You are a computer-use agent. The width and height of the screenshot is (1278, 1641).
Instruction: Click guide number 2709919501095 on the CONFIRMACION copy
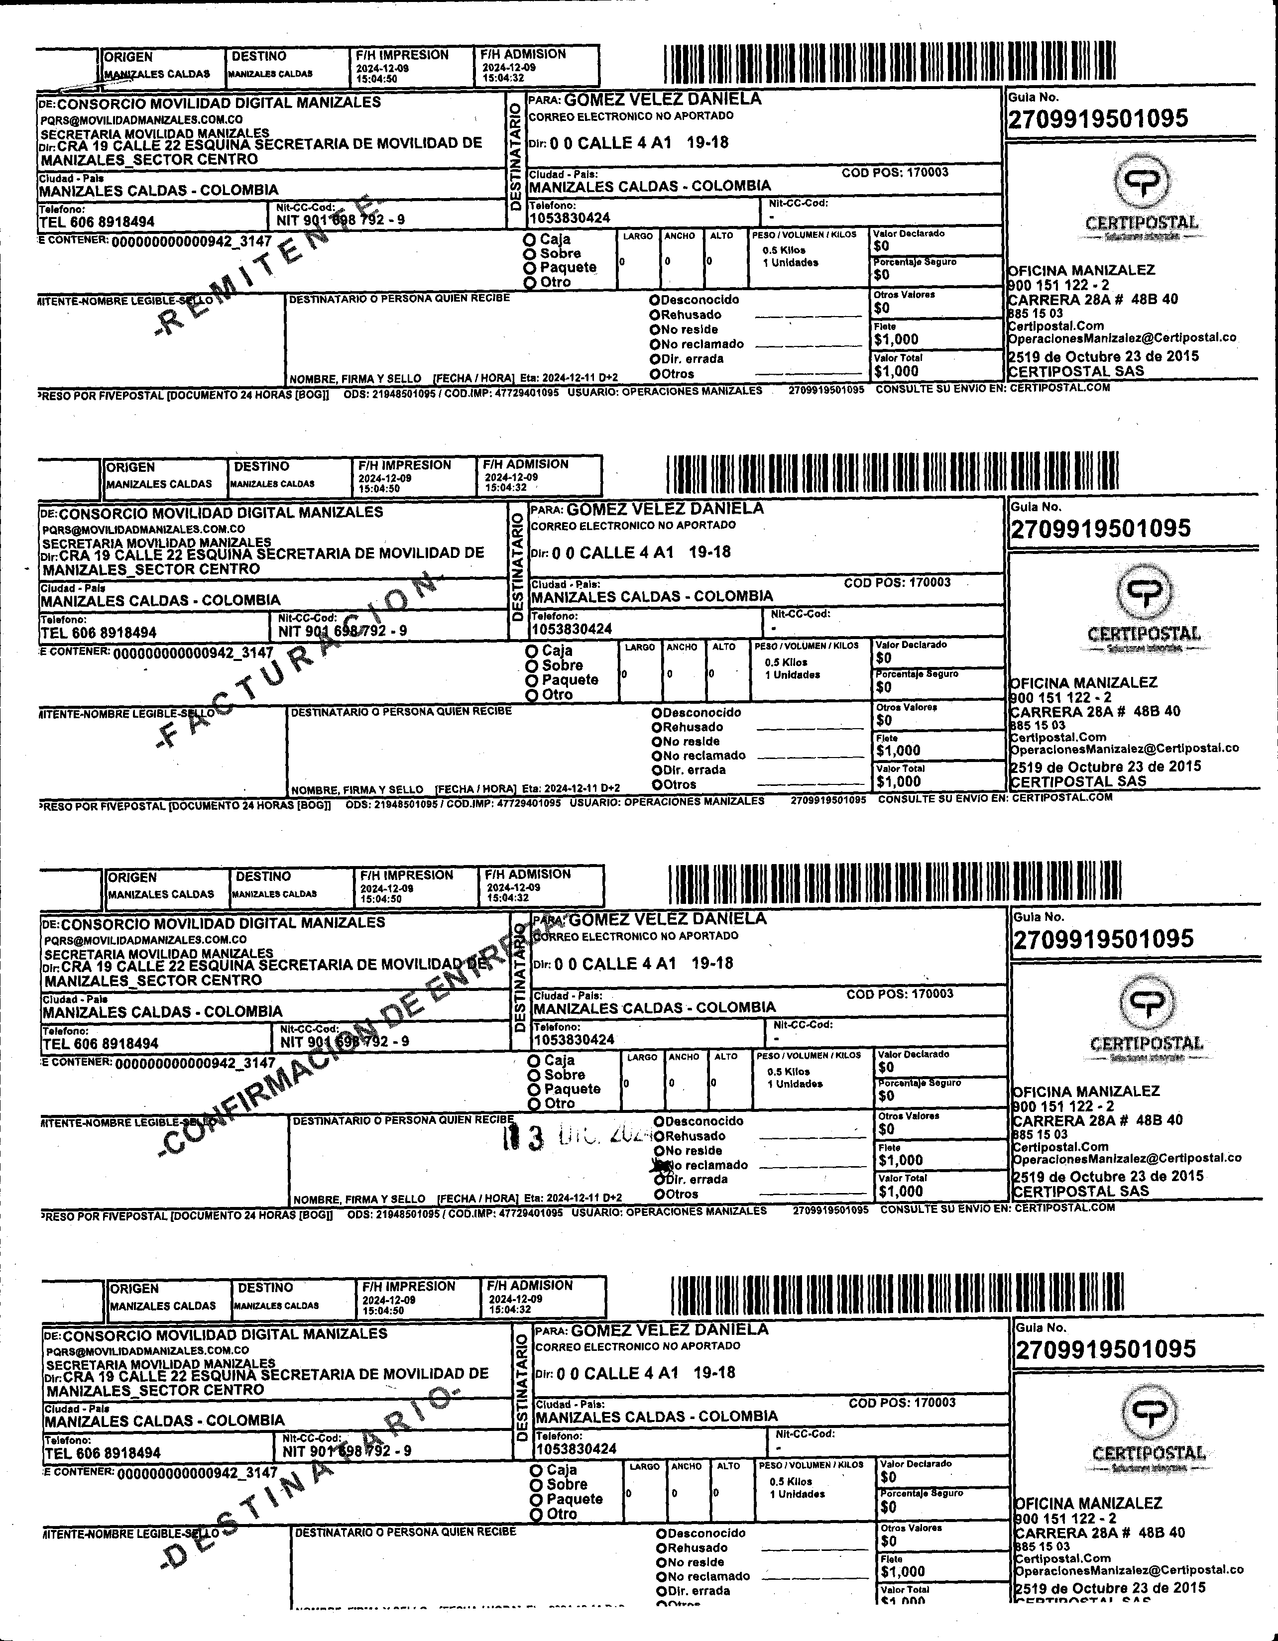point(1103,939)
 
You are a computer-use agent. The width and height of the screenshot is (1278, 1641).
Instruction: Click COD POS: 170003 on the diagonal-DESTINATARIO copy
point(902,1403)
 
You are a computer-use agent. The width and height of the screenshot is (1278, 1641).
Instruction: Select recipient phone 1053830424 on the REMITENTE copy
point(570,218)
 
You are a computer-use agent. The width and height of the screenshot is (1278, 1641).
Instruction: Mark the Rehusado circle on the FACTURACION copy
point(657,727)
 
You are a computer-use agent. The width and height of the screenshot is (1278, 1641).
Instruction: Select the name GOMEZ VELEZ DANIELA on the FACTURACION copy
point(665,509)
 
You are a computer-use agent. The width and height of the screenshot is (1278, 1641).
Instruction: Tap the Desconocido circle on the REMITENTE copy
point(655,300)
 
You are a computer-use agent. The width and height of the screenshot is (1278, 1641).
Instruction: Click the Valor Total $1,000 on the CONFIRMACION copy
point(901,1191)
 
